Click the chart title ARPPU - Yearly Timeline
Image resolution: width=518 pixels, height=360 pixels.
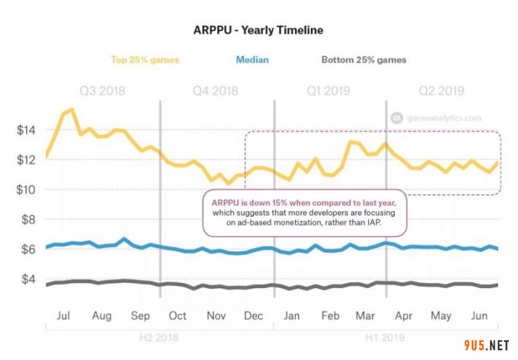click(258, 30)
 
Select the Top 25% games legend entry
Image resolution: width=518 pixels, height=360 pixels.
click(145, 60)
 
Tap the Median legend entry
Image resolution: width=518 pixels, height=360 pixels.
click(252, 60)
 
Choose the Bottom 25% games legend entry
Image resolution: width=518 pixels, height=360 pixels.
click(364, 60)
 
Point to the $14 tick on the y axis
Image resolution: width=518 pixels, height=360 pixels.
click(27, 130)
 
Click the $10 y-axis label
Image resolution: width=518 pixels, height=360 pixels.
click(27, 190)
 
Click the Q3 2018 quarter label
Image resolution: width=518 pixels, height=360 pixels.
click(102, 91)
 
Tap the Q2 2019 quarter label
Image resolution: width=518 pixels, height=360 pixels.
click(442, 91)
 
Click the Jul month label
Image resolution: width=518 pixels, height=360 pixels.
click(63, 316)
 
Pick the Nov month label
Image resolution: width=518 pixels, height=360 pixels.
click(216, 316)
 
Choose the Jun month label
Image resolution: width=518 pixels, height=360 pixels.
click(478, 316)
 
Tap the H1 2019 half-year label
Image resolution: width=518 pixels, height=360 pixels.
click(385, 337)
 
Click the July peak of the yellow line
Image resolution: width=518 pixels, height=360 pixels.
click(72, 109)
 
